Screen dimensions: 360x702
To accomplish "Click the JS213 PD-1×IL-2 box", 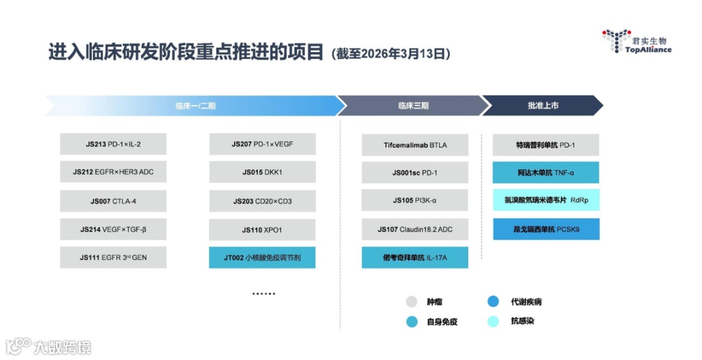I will tap(113, 144).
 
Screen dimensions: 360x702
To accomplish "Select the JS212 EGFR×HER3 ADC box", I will tap(113, 172).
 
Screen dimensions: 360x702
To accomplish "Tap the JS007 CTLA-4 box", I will tap(113, 201).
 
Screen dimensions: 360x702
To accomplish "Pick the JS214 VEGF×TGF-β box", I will tap(113, 229).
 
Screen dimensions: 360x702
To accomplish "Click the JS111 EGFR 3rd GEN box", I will tap(113, 257).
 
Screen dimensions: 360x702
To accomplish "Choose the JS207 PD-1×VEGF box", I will tap(262, 144).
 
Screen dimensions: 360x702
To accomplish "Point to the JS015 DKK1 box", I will tap(262, 172).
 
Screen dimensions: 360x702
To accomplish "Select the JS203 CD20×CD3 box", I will tap(262, 201).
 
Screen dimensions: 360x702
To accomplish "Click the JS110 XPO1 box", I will tap(262, 229).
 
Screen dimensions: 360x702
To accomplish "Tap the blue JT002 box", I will tap(262, 257).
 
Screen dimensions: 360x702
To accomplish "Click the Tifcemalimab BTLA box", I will tap(415, 145).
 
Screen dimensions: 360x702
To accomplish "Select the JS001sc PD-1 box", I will tap(415, 173).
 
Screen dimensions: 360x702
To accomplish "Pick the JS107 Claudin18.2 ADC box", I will tap(415, 229).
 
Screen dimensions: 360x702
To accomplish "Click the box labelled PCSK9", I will tap(546, 229).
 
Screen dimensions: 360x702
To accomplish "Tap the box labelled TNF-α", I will tap(546, 173).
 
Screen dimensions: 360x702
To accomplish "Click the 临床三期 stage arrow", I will tap(413, 105).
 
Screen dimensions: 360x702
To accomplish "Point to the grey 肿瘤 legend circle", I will tap(411, 302).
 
